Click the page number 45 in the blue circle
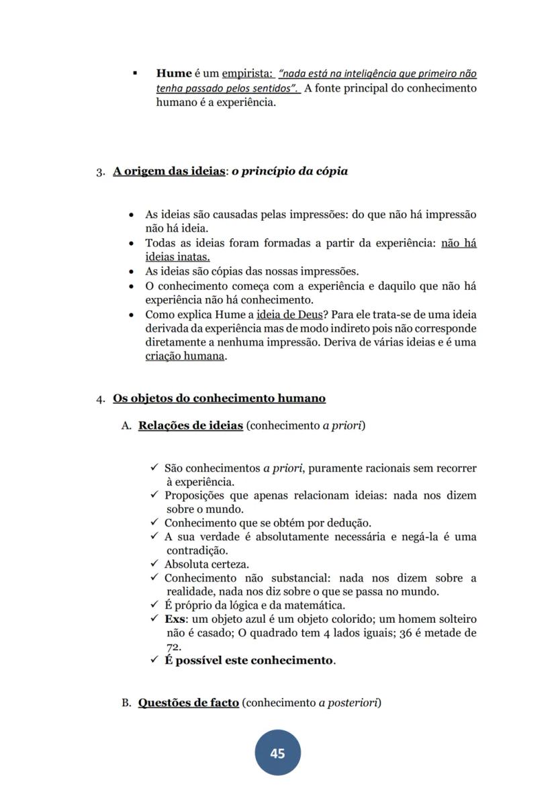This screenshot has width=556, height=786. (277, 753)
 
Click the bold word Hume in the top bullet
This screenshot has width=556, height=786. (174, 74)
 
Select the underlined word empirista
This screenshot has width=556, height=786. (246, 74)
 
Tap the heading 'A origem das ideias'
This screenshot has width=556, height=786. (169, 171)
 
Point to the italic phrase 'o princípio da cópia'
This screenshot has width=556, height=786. (290, 171)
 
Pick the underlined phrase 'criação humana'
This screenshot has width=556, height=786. (185, 356)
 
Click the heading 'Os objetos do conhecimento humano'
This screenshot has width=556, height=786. (219, 399)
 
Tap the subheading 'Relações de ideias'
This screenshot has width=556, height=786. (191, 426)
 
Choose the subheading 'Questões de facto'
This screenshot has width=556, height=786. (189, 703)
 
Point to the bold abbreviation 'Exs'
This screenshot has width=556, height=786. (175, 619)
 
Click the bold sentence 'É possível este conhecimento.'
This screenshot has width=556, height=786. (250, 660)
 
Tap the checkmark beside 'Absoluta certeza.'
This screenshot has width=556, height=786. (154, 564)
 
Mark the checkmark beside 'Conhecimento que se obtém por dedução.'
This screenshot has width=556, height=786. (154, 522)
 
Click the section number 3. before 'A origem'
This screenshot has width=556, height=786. (101, 172)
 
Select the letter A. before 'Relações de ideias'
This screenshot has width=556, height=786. (126, 426)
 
